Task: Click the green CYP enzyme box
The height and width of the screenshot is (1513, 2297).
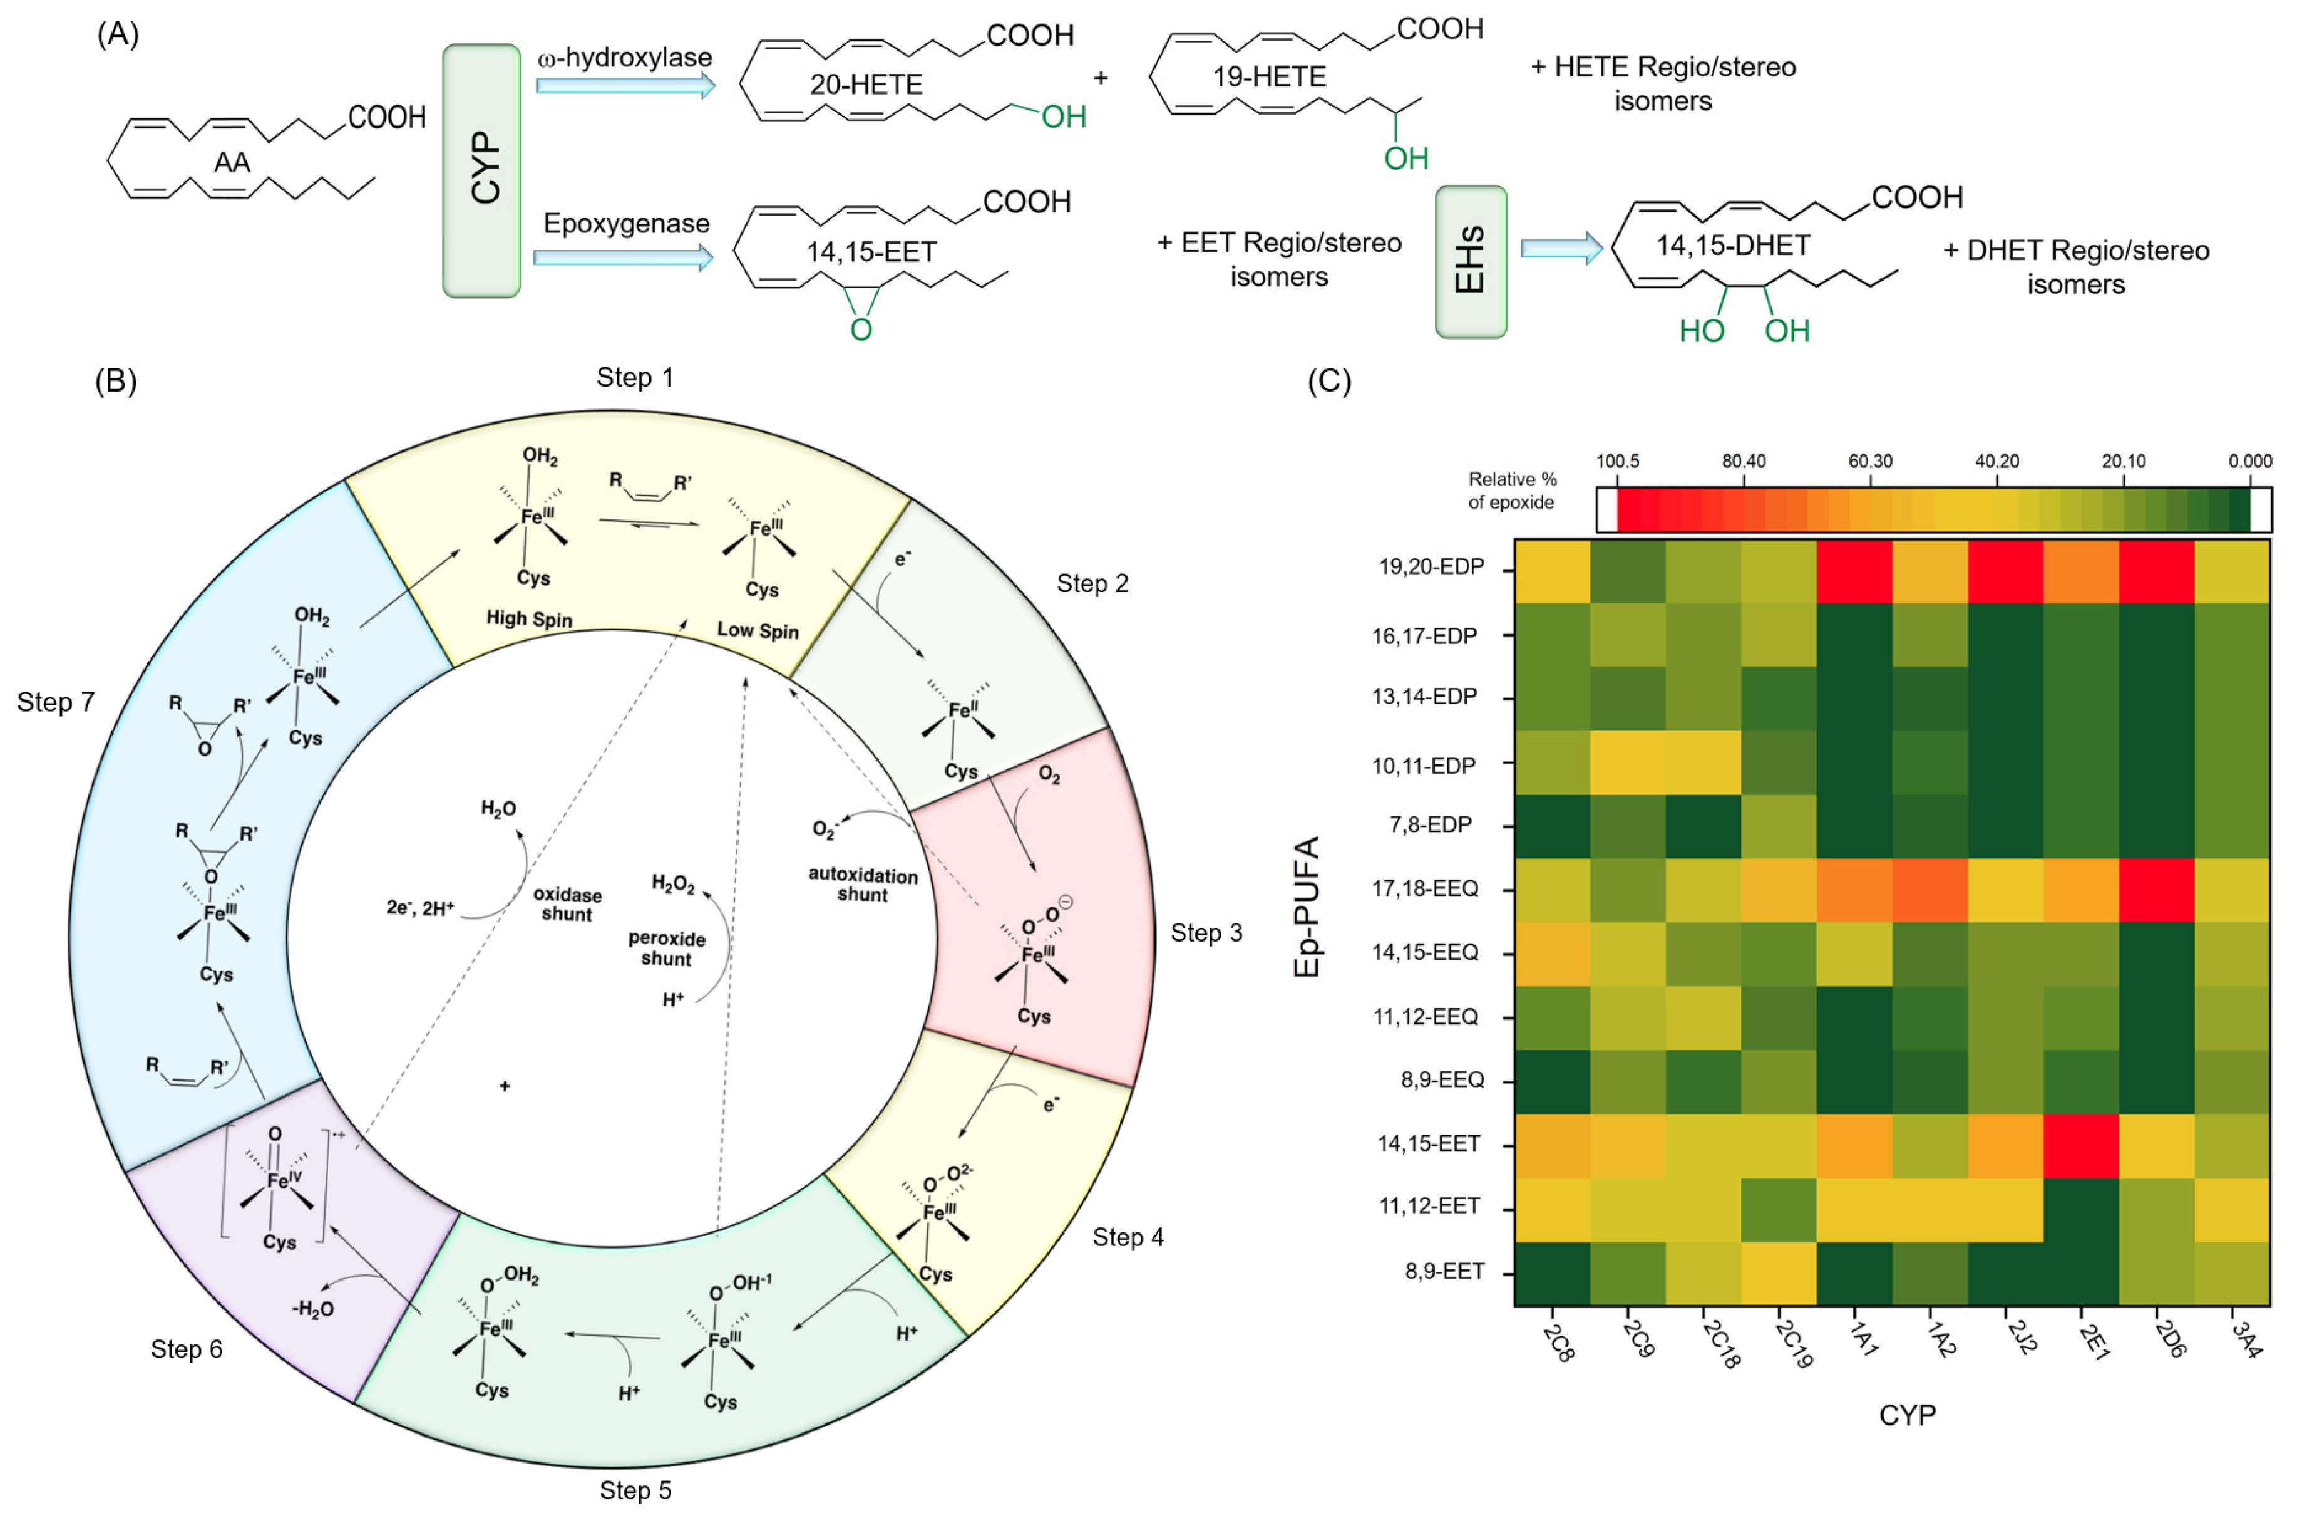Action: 481,171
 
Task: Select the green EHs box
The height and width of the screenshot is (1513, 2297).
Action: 1470,262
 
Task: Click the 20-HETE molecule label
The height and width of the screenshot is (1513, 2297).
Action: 866,85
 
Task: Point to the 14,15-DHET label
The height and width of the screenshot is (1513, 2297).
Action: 1732,246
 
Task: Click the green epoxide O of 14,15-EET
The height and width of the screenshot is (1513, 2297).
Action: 861,330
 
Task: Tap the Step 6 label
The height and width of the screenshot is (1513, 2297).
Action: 187,1349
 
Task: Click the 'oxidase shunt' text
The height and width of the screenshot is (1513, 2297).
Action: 567,905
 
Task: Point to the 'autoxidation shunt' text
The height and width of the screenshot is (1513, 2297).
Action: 862,885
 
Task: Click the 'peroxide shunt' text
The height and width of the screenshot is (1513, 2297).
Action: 666,948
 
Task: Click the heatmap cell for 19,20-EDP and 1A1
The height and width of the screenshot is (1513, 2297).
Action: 1853,571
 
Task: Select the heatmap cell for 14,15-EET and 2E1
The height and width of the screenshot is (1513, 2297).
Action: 2081,1145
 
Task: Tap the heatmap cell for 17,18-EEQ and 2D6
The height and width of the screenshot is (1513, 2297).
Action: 2156,889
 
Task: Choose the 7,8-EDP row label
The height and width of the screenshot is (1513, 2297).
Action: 1431,826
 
